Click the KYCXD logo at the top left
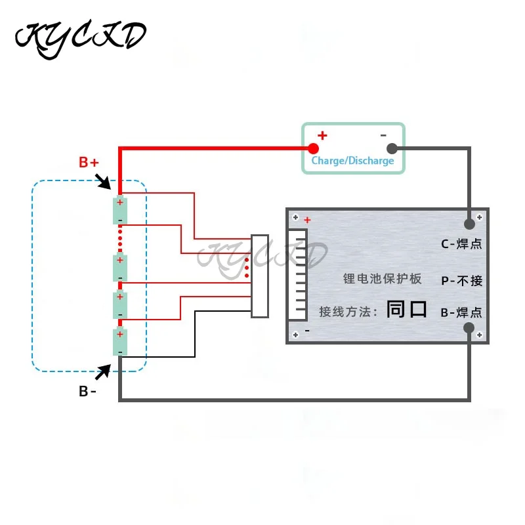tap(80, 37)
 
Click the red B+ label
tap(89, 162)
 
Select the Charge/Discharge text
tap(352, 161)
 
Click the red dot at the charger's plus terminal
tap(314, 148)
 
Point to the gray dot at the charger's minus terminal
tap(392, 148)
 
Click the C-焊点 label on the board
tap(461, 244)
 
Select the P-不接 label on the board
tap(461, 281)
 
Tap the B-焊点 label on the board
tap(461, 312)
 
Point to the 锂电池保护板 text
tap(383, 278)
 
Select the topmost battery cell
tap(120, 210)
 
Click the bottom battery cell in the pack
tap(120, 342)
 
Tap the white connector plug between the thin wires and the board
tap(260, 276)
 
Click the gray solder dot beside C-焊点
tap(469, 223)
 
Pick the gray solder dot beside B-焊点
tap(469, 329)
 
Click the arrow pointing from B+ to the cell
tap(103, 180)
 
